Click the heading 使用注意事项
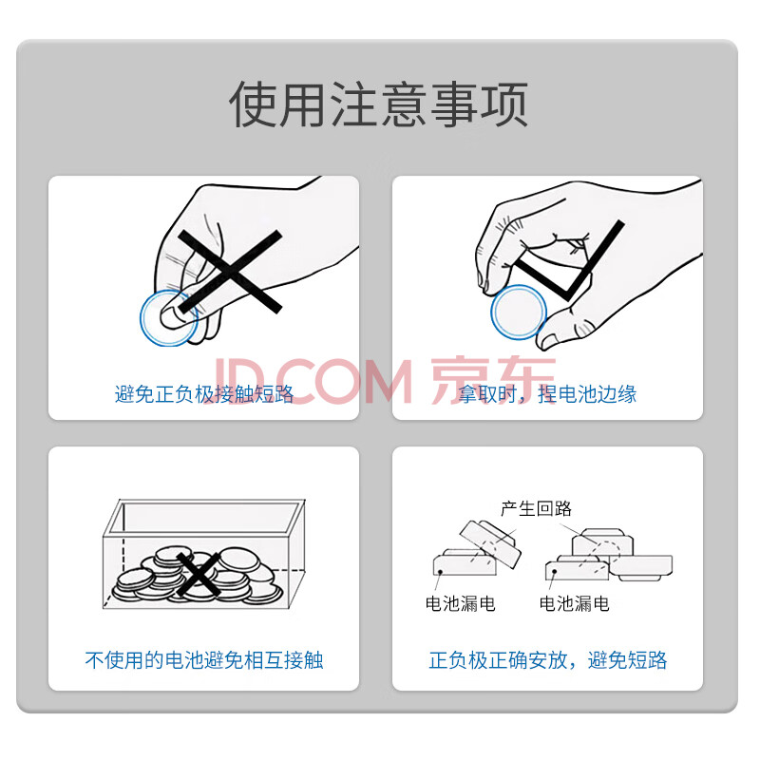(x=378, y=104)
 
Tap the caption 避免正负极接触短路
(x=204, y=394)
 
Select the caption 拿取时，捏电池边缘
(x=547, y=394)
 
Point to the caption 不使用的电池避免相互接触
(x=204, y=660)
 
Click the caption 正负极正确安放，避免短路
(x=548, y=660)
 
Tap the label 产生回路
(x=536, y=508)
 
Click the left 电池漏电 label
(x=460, y=603)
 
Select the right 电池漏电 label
(x=574, y=603)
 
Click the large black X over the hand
(x=230, y=272)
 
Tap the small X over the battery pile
(x=198, y=575)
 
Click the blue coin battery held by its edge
(x=518, y=312)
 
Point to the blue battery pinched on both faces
(x=169, y=318)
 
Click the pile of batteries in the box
(x=198, y=576)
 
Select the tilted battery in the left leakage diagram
(x=490, y=543)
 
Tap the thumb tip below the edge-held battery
(x=550, y=341)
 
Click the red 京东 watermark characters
(x=493, y=381)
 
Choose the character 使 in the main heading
(x=254, y=104)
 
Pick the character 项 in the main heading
(x=504, y=104)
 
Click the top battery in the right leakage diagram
(x=602, y=542)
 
